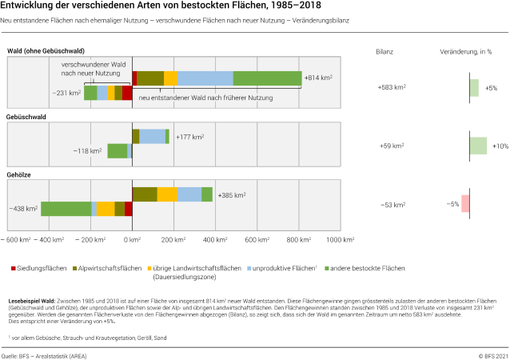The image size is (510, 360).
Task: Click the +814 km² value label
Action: pyautogui.click(x=318, y=78)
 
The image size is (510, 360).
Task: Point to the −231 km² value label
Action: pyautogui.click(x=68, y=93)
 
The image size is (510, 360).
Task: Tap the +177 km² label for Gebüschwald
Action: pyautogui.click(x=189, y=137)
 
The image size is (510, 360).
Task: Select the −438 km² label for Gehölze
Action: pyautogui.click(x=24, y=209)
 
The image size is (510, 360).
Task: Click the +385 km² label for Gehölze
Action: pyautogui.click(x=232, y=194)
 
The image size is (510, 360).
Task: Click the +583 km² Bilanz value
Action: pyautogui.click(x=391, y=87)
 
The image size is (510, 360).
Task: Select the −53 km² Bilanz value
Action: pyautogui.click(x=392, y=205)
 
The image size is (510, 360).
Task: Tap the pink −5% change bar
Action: pyautogui.click(x=465, y=204)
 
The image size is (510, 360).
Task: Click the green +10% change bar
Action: pyautogui.click(x=478, y=146)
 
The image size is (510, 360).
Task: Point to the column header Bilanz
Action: pyautogui.click(x=384, y=51)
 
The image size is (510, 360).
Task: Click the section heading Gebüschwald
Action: pyautogui.click(x=26, y=117)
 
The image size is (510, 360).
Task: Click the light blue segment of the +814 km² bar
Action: pyautogui.click(x=205, y=78)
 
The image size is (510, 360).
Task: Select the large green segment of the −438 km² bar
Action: pyautogui.click(x=66, y=209)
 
